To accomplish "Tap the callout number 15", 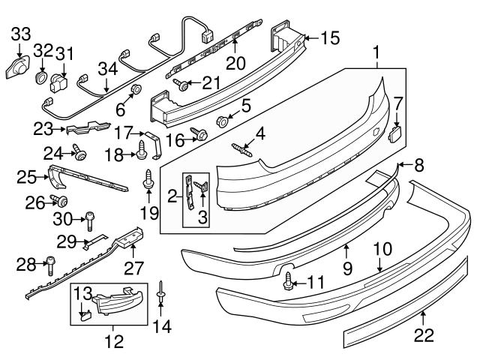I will [x=331, y=37].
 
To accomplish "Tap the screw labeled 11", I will [x=289, y=282].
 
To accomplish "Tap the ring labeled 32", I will [x=42, y=78].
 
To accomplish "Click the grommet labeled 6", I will [x=136, y=91].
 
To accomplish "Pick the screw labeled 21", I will [x=180, y=84].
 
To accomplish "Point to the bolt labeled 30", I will [x=90, y=220].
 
